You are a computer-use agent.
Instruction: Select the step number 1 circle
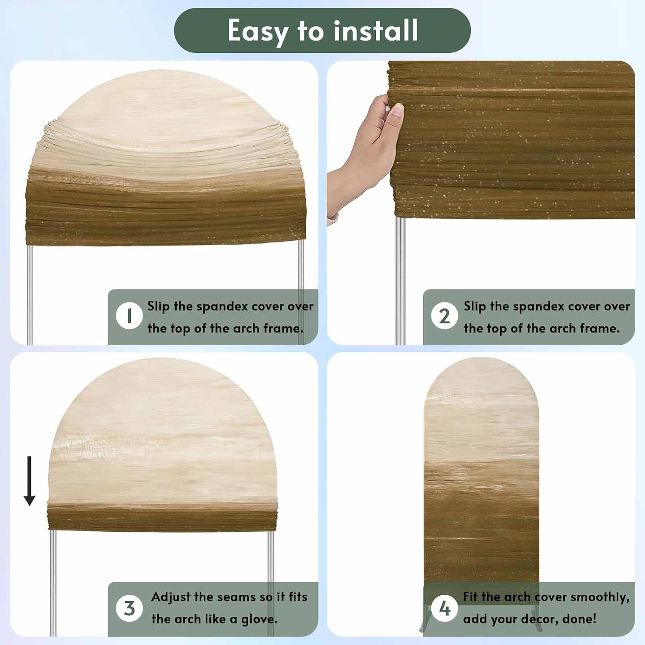(x=129, y=316)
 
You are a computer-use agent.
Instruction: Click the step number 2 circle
(x=445, y=316)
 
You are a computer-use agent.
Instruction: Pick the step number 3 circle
(x=129, y=608)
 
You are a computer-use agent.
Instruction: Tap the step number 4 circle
(x=445, y=608)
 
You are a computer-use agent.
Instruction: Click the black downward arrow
(x=29, y=481)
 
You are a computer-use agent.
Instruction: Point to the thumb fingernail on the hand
(x=397, y=110)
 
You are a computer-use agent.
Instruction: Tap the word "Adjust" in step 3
(x=171, y=597)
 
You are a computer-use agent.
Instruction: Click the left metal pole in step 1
(x=29, y=295)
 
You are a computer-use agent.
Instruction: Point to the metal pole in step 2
(x=400, y=281)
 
